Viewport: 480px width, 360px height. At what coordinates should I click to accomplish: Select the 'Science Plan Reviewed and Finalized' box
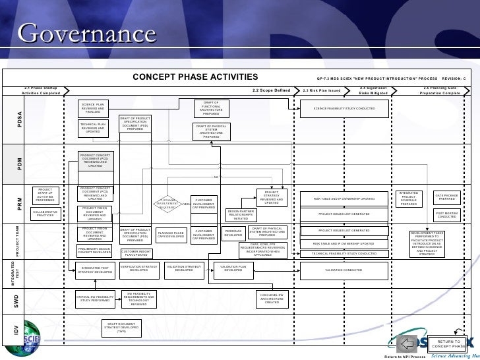point(94,107)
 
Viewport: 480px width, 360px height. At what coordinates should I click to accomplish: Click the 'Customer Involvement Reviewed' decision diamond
point(168,204)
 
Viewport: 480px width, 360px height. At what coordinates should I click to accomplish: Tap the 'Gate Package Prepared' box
point(448,197)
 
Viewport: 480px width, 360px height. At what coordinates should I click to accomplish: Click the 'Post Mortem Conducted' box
point(448,214)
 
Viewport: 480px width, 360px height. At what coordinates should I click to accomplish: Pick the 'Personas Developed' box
point(233,233)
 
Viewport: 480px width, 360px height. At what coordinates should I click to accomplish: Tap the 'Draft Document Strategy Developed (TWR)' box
point(121,328)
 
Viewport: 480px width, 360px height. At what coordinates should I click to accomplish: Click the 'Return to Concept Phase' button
point(448,344)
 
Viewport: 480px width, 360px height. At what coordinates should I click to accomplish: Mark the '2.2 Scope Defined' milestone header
point(271,90)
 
